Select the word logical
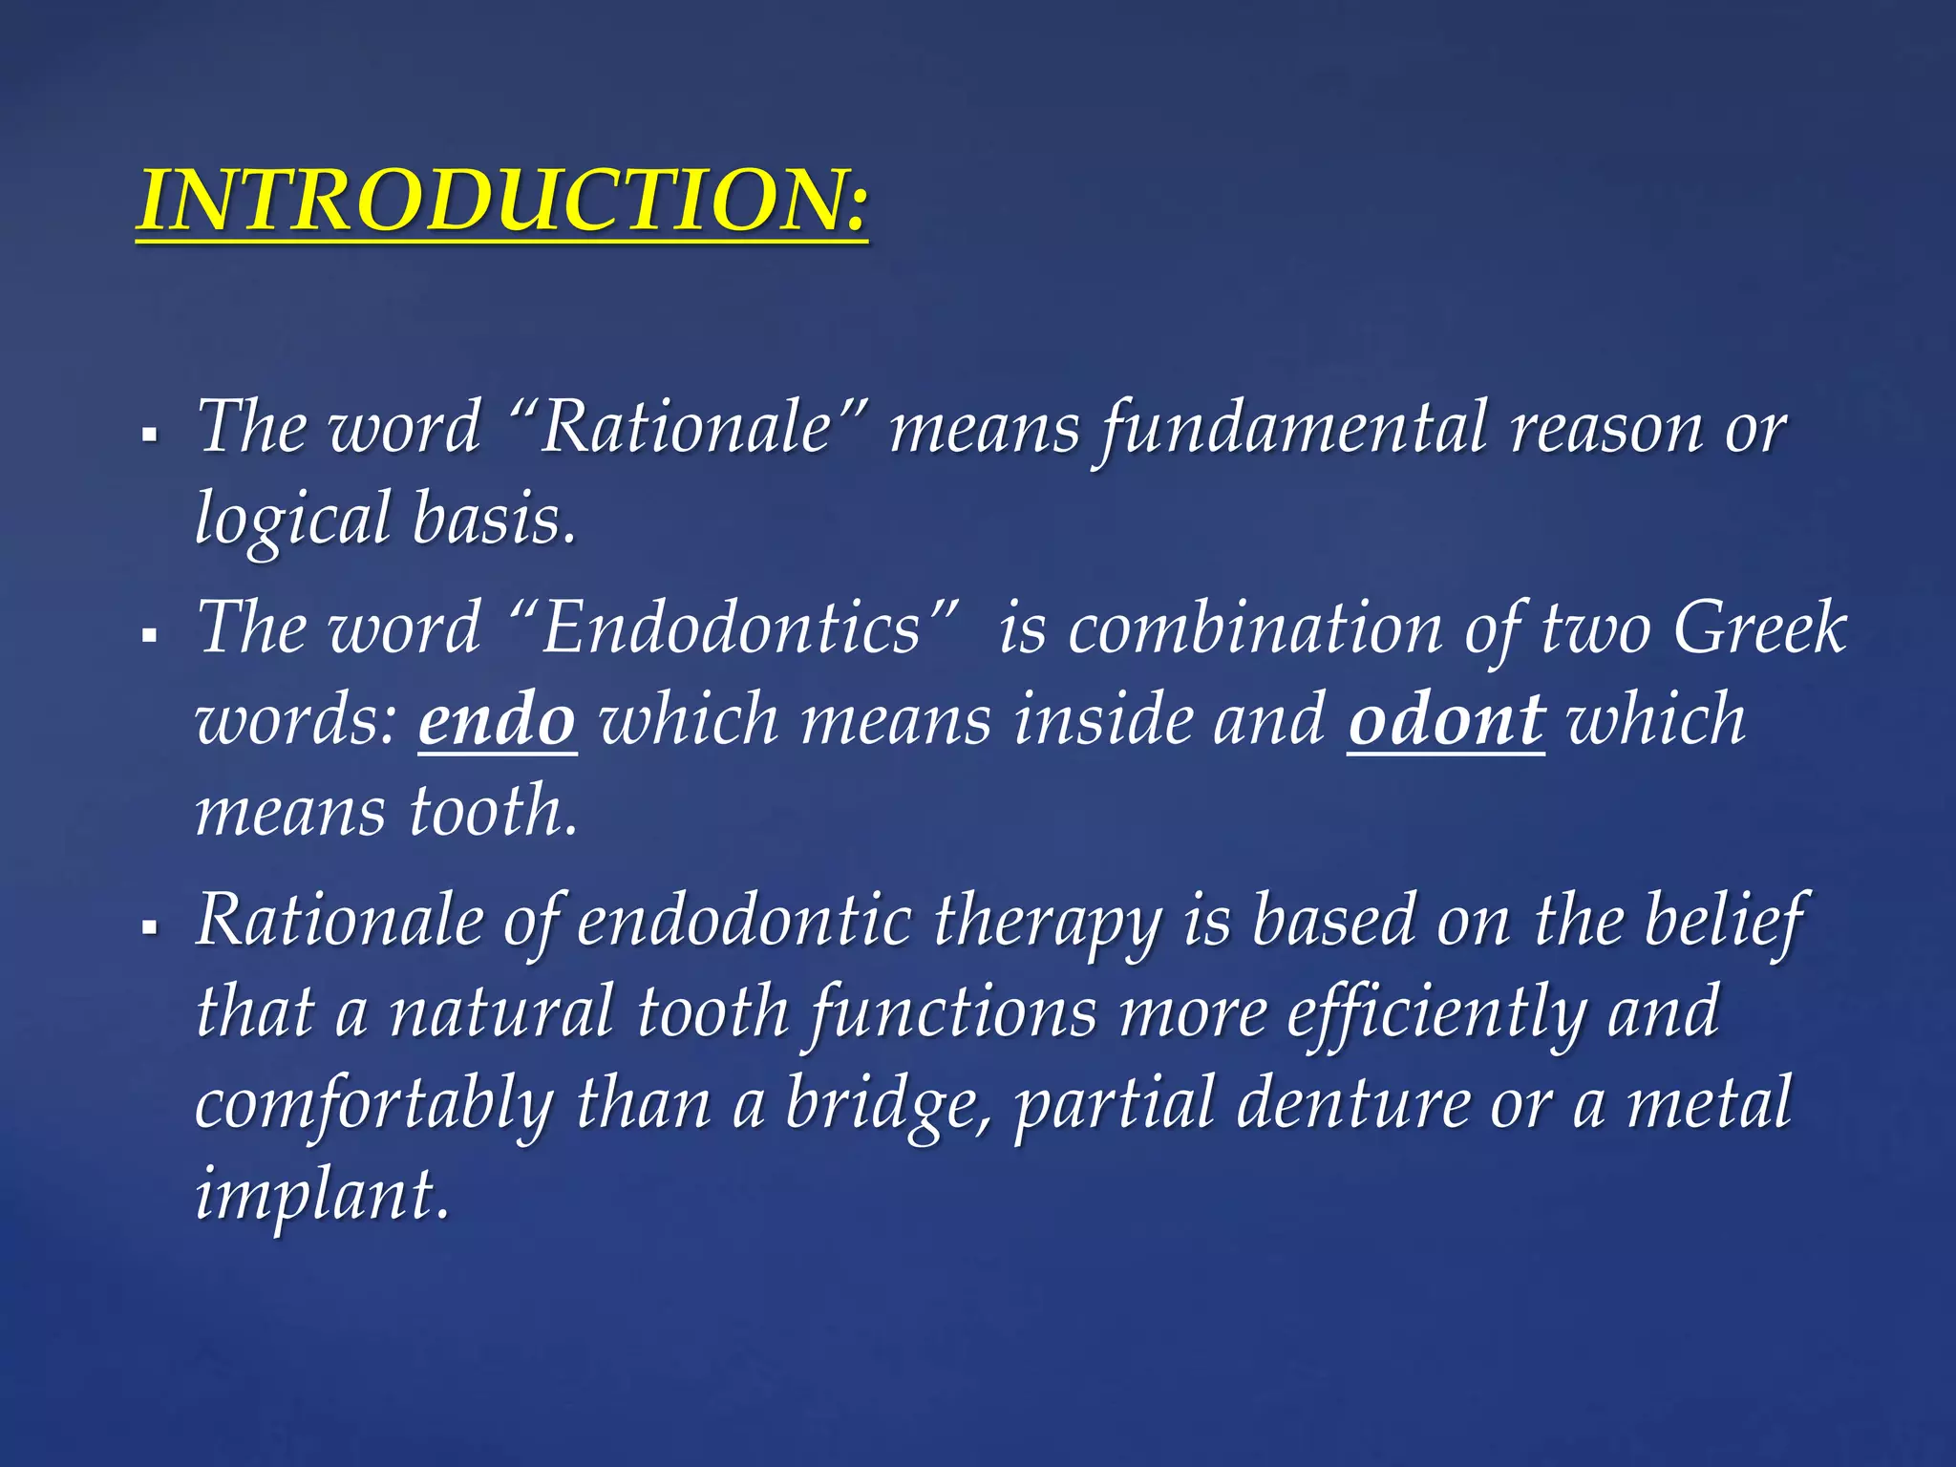pos(292,519)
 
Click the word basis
pos(494,519)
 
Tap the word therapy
pos(1047,922)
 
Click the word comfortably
pos(373,1104)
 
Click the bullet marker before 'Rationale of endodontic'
pos(148,927)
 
